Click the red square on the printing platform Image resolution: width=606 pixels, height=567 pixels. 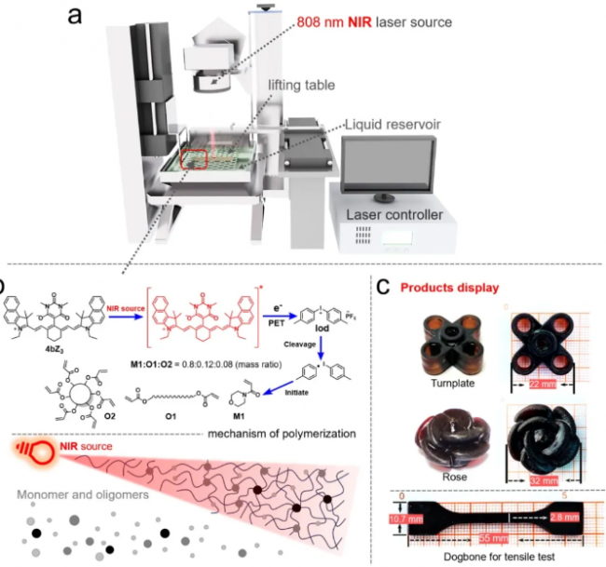coord(194,158)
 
